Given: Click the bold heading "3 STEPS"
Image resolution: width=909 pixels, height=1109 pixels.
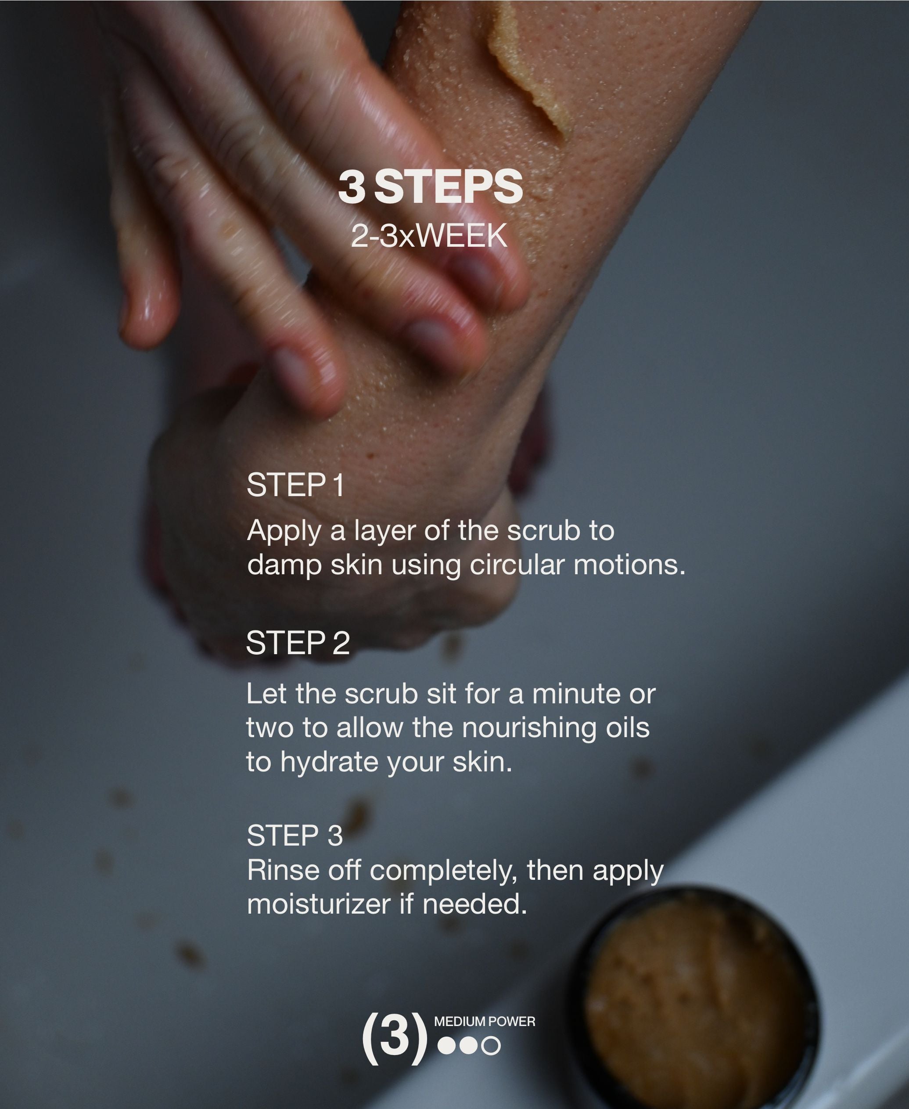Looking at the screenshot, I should [x=431, y=187].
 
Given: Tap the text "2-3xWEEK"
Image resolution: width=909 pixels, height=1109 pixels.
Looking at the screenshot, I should [x=429, y=236].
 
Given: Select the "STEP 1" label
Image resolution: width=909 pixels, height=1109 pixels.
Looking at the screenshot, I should [x=295, y=485].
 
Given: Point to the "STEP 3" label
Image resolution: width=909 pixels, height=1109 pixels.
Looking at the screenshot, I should [x=294, y=835].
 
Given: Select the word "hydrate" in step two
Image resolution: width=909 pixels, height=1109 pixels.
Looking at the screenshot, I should [x=329, y=762].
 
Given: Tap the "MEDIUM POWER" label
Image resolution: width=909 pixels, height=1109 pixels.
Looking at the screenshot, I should [x=484, y=1022].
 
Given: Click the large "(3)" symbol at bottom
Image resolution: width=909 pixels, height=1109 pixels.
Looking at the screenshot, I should [x=394, y=1038].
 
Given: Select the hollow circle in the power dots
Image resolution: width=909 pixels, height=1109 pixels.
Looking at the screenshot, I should [x=491, y=1046].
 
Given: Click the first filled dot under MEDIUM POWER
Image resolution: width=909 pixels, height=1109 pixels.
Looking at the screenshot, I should [x=447, y=1046].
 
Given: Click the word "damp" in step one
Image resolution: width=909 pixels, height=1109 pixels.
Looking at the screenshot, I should [x=284, y=566].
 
